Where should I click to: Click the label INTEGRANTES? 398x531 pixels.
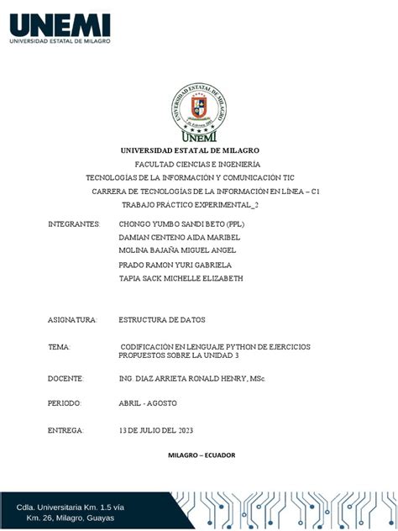pos(74,224)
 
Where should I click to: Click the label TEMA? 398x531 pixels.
pos(60,346)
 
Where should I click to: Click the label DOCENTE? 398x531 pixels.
pos(66,378)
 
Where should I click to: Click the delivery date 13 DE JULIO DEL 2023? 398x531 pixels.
pos(156,430)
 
